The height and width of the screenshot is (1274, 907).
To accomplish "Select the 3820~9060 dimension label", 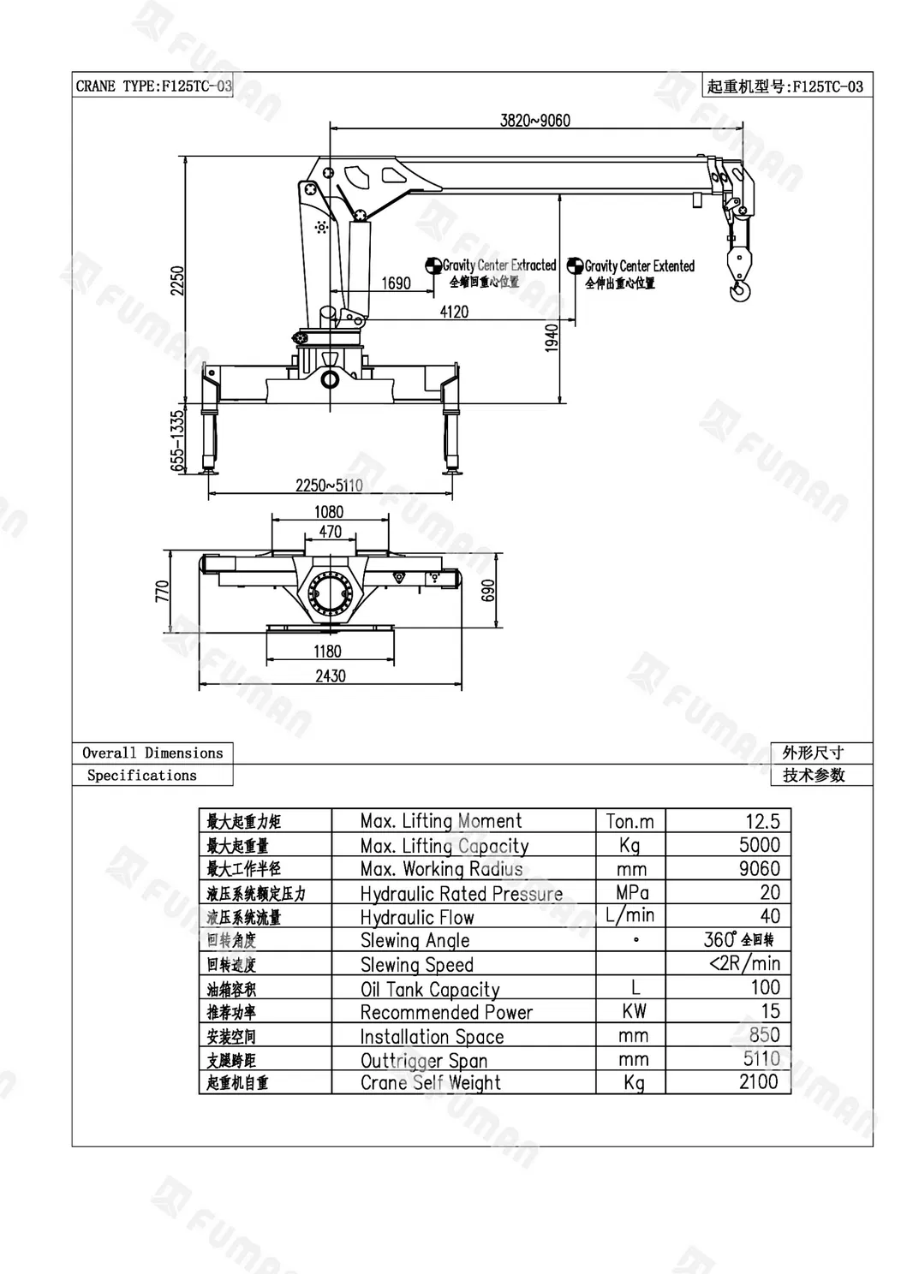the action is pyautogui.click(x=535, y=121).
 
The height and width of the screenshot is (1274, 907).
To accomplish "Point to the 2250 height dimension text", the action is pyautogui.click(x=178, y=280).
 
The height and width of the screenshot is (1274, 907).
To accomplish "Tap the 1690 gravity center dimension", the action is pyautogui.click(x=396, y=283).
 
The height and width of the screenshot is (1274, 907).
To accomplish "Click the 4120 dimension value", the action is pyautogui.click(x=454, y=312).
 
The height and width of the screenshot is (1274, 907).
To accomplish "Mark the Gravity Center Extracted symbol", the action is pyautogui.click(x=433, y=265).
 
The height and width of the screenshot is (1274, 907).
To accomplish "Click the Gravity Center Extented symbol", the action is pyautogui.click(x=576, y=265).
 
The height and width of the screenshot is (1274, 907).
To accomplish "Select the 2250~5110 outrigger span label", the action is pyautogui.click(x=329, y=485).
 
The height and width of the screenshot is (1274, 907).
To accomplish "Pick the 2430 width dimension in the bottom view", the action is pyautogui.click(x=331, y=676).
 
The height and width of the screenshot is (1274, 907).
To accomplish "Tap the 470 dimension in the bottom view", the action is pyautogui.click(x=331, y=532).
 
